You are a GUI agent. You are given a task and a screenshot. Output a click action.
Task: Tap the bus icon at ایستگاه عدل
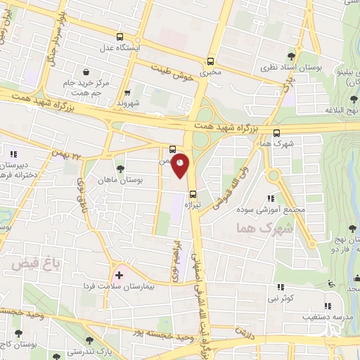(120, 37)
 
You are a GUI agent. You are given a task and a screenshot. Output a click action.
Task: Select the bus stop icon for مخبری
(210, 61)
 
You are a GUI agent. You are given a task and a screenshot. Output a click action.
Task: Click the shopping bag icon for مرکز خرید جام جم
(86, 71)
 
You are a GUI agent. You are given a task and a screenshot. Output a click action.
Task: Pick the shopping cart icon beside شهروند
(127, 92)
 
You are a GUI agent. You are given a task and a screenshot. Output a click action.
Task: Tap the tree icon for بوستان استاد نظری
(292, 56)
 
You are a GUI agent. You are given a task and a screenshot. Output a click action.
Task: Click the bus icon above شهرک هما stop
(276, 131)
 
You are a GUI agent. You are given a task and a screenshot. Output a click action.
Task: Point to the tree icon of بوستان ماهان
(121, 169)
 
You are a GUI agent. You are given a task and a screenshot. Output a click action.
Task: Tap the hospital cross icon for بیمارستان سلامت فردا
(119, 275)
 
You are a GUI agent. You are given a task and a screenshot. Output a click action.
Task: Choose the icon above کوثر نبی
(281, 287)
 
